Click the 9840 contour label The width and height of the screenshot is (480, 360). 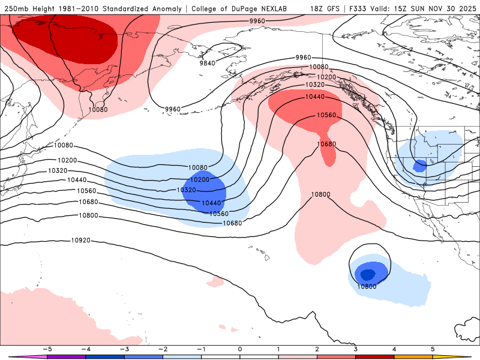coord(207,63)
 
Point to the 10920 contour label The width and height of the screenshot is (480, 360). coord(80,241)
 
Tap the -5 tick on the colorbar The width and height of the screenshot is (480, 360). coord(47,349)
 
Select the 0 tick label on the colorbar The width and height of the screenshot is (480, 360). coord(240,349)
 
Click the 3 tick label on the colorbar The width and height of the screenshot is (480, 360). coord(356,349)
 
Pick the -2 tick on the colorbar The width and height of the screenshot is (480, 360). coord(163,349)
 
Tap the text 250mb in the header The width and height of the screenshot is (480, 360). coord(17,8)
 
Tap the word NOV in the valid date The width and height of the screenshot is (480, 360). coord(429,8)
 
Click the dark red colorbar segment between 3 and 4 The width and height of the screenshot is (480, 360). coord(375,356)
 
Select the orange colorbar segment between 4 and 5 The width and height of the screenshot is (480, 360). coord(413,356)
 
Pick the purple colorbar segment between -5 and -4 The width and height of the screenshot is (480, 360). coord(66,356)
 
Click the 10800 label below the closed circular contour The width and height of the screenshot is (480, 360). coord(367,286)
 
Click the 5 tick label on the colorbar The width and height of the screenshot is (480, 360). coord(433,349)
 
